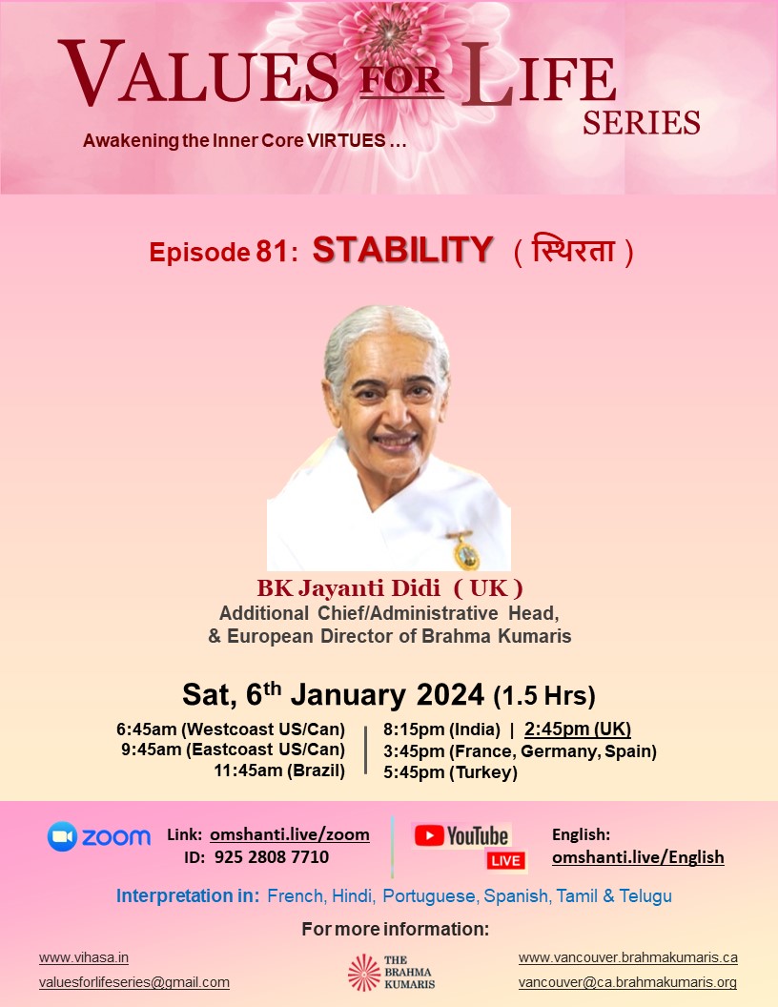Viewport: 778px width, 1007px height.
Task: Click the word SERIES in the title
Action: pyautogui.click(x=642, y=123)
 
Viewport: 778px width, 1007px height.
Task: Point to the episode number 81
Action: pyautogui.click(x=273, y=251)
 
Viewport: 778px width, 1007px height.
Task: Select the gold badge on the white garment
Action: pyautogui.click(x=465, y=551)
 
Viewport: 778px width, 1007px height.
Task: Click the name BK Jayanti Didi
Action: pyautogui.click(x=349, y=587)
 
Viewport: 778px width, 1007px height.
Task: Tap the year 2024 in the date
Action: pyautogui.click(x=450, y=694)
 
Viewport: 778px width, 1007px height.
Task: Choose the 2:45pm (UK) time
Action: pyautogui.click(x=578, y=729)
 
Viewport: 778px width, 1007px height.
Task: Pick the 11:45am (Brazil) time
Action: pyautogui.click(x=279, y=770)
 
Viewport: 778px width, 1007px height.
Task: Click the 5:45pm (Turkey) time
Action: pyautogui.click(x=451, y=772)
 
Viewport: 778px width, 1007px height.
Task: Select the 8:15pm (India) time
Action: pyautogui.click(x=441, y=730)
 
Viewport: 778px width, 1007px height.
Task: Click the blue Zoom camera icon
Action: pyautogui.click(x=62, y=836)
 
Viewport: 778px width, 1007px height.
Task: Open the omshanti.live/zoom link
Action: pyautogui.click(x=290, y=834)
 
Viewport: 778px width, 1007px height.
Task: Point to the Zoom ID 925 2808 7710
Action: pyautogui.click(x=271, y=856)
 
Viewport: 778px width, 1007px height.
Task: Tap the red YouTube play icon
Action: pyautogui.click(x=429, y=835)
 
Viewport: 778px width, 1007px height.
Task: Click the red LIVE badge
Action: pyautogui.click(x=506, y=860)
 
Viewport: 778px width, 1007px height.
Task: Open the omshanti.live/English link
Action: pyautogui.click(x=638, y=857)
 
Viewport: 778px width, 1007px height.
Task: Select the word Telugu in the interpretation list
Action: pyautogui.click(x=645, y=895)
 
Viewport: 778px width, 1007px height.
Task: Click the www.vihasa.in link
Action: pyautogui.click(x=84, y=957)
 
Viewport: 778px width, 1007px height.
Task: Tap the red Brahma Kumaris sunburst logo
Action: pyautogui.click(x=364, y=973)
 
